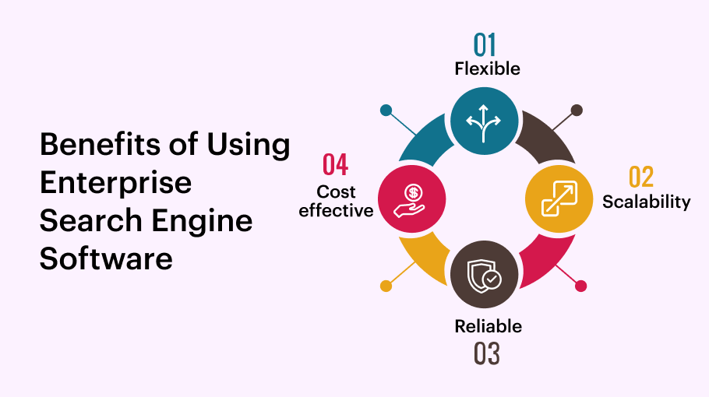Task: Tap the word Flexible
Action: pyautogui.click(x=487, y=69)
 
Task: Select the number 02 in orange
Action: pyautogui.click(x=641, y=177)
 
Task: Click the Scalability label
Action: pyautogui.click(x=646, y=202)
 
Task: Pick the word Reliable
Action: pyautogui.click(x=488, y=326)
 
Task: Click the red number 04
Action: pyautogui.click(x=336, y=165)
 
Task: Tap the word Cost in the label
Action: pyautogui.click(x=336, y=191)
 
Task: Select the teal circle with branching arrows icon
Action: pyautogui.click(x=485, y=119)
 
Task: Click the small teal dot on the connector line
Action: pyautogui.click(x=386, y=110)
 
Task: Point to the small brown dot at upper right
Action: pyautogui.click(x=577, y=110)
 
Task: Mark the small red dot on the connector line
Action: pyautogui.click(x=580, y=286)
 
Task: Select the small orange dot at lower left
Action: pyautogui.click(x=386, y=286)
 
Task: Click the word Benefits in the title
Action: pyautogui.click(x=92, y=145)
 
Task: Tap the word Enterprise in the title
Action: pyautogui.click(x=115, y=182)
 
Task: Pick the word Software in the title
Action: pyautogui.click(x=106, y=258)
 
